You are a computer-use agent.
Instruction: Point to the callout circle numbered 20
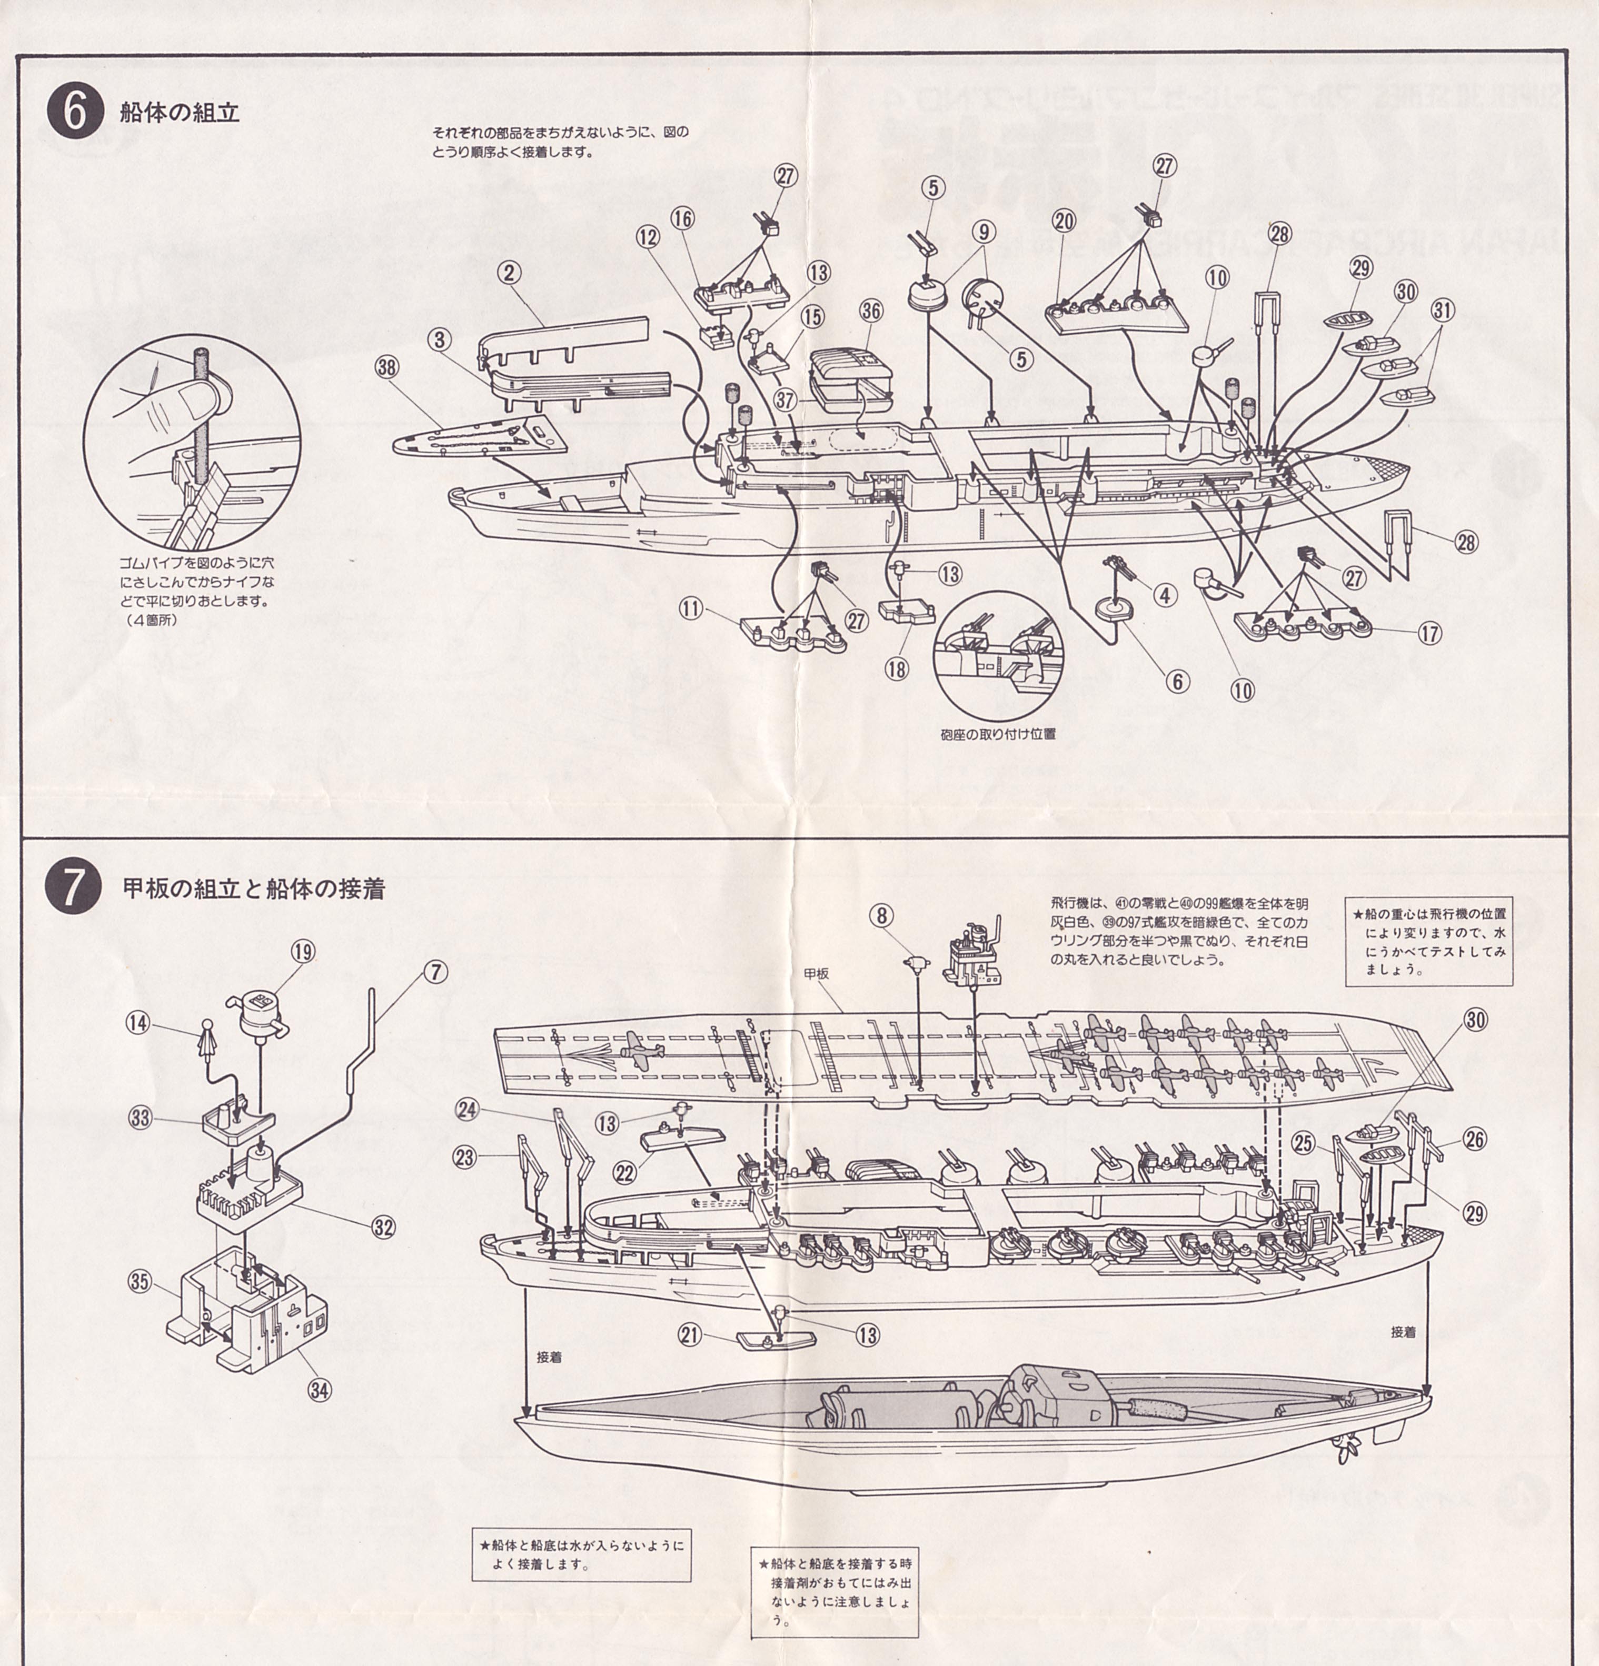tap(1064, 221)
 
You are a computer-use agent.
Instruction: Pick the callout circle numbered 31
tap(1443, 310)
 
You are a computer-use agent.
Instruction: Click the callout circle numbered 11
tap(693, 608)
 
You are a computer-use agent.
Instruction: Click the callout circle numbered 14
tap(138, 1023)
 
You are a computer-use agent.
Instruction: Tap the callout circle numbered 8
tap(881, 915)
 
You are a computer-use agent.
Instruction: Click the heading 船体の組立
tap(180, 113)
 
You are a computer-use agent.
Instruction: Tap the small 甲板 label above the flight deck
tap(816, 974)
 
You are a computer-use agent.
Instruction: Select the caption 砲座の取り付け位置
tap(998, 734)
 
